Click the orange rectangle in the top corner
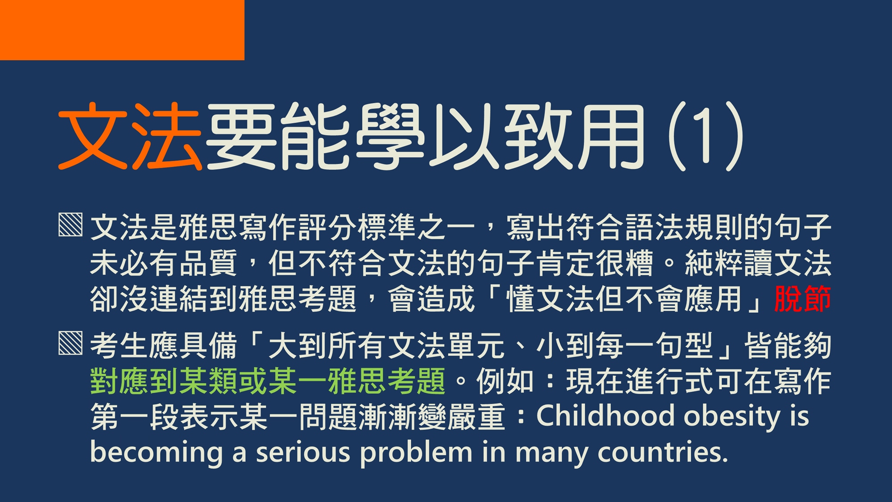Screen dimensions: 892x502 122,30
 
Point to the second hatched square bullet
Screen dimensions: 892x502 70,343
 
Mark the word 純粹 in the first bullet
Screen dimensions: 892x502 714,263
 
